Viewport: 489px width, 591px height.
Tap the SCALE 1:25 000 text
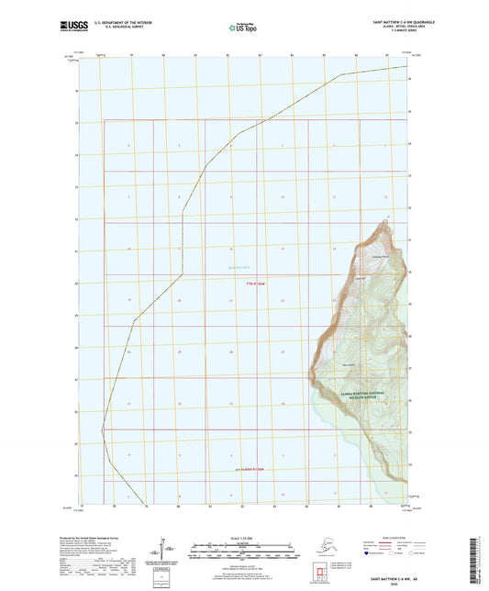(243, 538)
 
